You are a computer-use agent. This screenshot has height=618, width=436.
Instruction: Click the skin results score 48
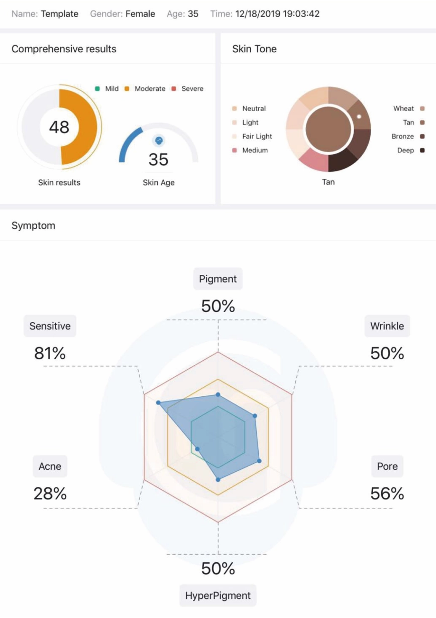(x=59, y=127)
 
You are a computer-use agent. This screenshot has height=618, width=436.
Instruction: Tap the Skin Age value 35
(x=158, y=159)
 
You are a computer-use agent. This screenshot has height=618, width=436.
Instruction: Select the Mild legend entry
(x=106, y=88)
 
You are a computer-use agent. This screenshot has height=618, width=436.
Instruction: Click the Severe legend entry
(x=187, y=88)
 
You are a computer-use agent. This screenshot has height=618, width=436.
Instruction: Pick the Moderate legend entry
(x=145, y=88)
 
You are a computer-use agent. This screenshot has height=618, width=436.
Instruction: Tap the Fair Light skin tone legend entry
(x=252, y=136)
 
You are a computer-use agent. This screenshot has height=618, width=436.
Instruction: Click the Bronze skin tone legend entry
(x=408, y=136)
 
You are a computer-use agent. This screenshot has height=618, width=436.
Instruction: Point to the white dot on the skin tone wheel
(x=359, y=117)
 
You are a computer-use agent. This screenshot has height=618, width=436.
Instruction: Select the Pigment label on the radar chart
(x=218, y=279)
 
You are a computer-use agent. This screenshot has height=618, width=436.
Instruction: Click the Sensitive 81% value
(x=50, y=353)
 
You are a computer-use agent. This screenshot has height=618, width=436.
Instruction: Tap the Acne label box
(x=50, y=466)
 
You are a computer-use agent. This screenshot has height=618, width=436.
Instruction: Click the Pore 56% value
(x=387, y=493)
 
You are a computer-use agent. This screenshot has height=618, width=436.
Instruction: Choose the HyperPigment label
(x=218, y=595)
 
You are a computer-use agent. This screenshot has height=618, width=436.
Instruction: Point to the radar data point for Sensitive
(x=158, y=403)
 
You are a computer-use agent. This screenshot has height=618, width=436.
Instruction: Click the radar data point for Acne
(x=197, y=449)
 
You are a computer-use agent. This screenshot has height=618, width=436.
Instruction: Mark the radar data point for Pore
(x=259, y=461)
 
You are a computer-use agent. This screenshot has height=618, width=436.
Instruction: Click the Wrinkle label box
(x=387, y=326)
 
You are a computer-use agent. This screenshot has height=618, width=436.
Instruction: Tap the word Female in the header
(x=140, y=14)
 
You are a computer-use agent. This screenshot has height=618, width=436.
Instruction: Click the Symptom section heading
(x=33, y=226)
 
